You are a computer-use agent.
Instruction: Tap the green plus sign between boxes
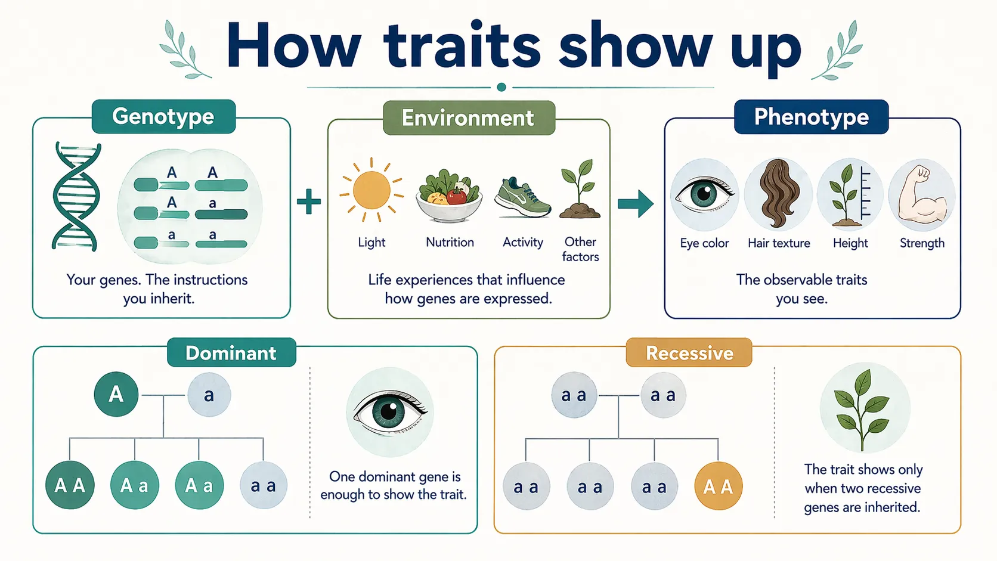point(309,202)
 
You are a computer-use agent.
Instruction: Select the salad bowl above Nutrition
point(449,196)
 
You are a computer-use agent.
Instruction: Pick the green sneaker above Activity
point(522,198)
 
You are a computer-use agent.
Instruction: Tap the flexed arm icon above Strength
point(922,194)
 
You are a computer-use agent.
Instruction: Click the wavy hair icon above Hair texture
point(778,194)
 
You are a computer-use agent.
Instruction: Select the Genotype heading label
point(163,116)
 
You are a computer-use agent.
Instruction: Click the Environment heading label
point(468,118)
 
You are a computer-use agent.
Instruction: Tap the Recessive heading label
point(689,353)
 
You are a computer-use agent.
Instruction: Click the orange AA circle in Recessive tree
point(718,486)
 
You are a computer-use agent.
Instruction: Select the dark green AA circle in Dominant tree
point(70,485)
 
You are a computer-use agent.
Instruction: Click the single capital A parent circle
point(116,394)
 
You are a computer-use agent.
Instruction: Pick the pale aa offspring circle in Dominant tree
point(264,485)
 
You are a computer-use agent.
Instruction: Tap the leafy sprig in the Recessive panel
point(863,409)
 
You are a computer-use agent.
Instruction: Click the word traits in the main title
point(462,47)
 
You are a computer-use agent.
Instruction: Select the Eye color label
point(704,243)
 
